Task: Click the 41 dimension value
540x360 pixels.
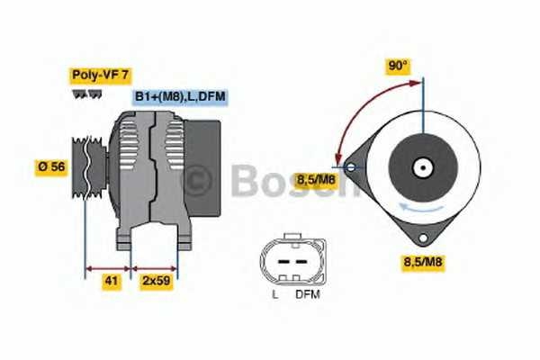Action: pos(110,282)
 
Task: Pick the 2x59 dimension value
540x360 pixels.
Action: pos(155,282)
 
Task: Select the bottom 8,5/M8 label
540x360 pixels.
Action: pos(421,263)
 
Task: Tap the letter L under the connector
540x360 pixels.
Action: pos(274,293)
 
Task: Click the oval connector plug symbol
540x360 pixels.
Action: pos(289,261)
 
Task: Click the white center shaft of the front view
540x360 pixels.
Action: pos(421,167)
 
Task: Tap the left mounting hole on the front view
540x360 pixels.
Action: pos(347,166)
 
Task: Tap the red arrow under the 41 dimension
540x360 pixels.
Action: pos(109,267)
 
